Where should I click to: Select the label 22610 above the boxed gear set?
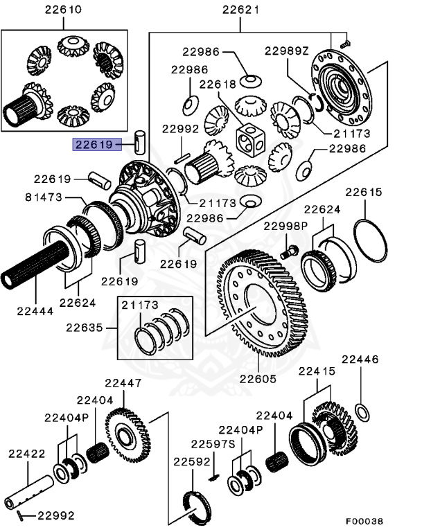pos(62,10)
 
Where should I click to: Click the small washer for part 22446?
pos(362,413)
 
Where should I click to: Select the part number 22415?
pos(317,372)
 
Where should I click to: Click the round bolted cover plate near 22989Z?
pos(340,86)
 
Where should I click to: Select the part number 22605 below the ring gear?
pos(258,379)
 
